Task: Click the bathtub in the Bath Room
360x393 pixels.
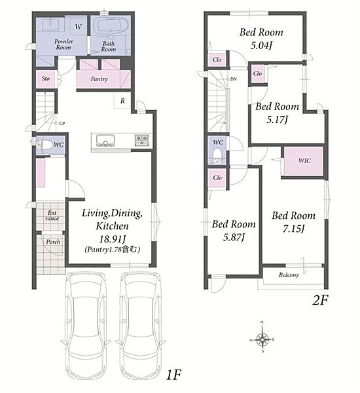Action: tap(111, 28)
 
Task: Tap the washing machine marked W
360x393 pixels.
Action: tap(78, 26)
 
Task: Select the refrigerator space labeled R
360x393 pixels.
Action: tap(122, 100)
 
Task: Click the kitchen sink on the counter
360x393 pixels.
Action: tap(105, 140)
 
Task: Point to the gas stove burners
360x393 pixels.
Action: tap(142, 140)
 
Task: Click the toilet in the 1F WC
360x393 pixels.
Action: tap(44, 145)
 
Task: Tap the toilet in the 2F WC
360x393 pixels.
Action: tap(217, 156)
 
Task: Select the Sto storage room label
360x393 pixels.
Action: tap(46, 79)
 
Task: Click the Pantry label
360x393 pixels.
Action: tap(99, 79)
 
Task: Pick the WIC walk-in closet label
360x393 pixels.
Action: tap(304, 160)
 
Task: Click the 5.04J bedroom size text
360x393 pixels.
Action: tap(261, 45)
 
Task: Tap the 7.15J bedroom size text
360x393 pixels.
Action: tap(294, 229)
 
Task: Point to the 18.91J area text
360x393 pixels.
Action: tap(112, 239)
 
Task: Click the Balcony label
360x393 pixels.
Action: tap(289, 275)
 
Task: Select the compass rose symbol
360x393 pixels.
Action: tap(262, 339)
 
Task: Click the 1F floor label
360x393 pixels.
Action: tap(173, 375)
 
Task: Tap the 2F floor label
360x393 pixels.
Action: tap(320, 301)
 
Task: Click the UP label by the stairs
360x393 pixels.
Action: tap(62, 123)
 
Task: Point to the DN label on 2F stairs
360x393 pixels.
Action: tap(233, 79)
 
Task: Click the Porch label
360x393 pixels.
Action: tap(53, 242)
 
